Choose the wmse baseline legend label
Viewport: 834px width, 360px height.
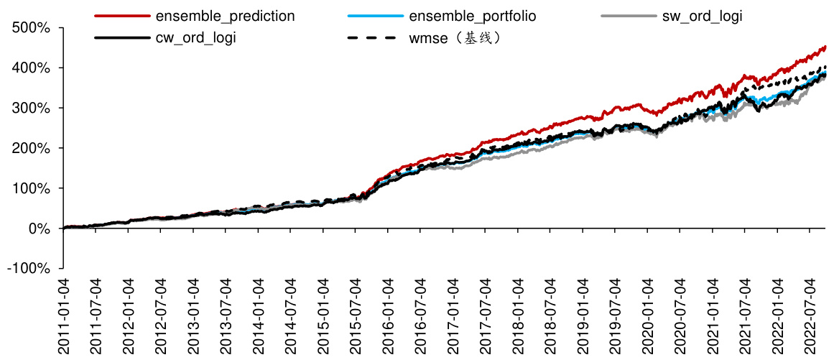(455, 37)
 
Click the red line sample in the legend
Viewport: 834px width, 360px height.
(121, 15)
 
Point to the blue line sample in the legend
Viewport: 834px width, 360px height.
(374, 15)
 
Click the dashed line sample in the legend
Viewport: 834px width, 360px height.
(374, 37)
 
